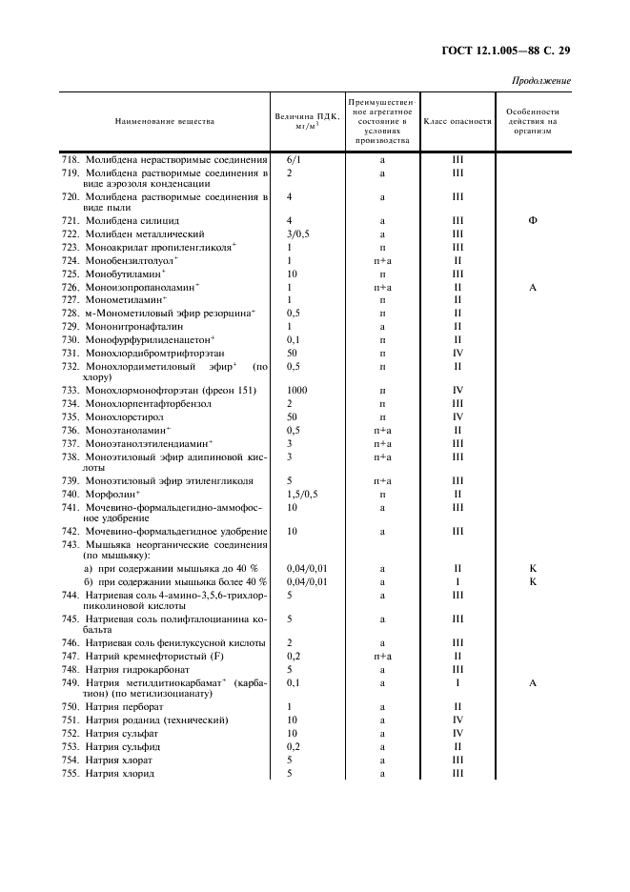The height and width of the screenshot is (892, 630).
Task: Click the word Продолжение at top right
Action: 540,80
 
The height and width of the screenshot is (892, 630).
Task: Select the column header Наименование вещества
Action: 165,121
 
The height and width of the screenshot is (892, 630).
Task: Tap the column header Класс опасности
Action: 457,121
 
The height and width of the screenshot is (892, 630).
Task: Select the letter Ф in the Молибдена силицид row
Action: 533,220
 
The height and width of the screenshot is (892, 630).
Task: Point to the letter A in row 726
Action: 533,287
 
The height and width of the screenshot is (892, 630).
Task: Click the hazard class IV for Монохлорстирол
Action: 457,416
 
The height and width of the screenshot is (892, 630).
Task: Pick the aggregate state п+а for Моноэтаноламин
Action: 381,430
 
